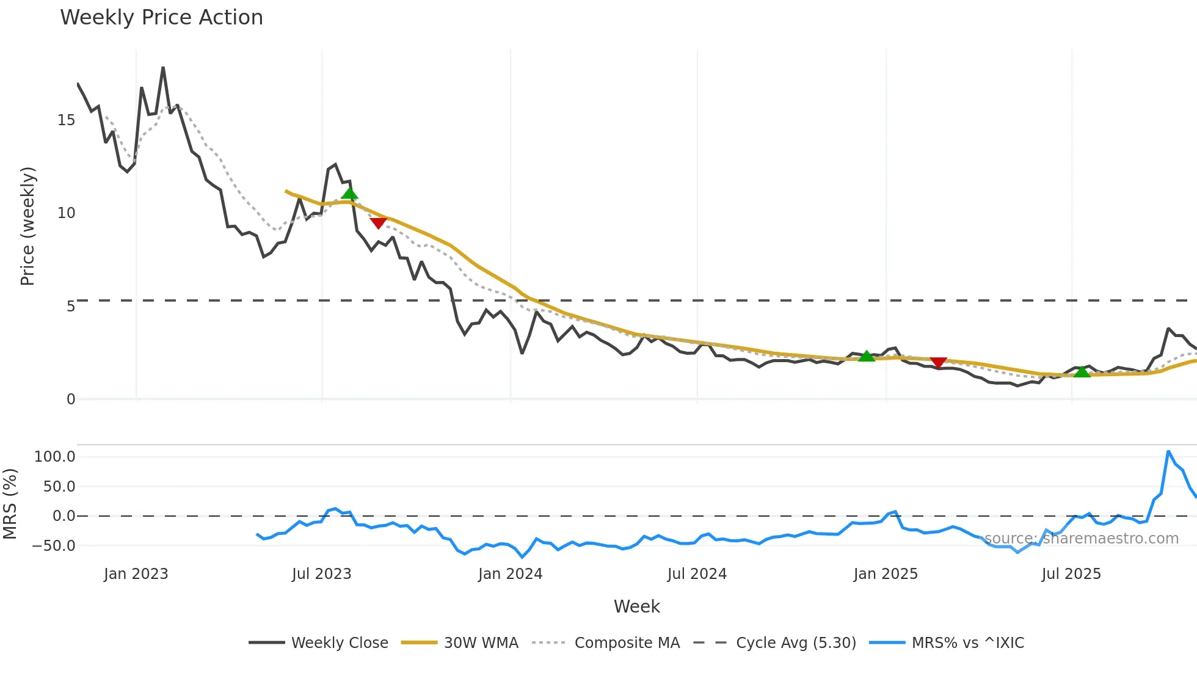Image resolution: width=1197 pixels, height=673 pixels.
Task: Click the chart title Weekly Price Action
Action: pos(161,18)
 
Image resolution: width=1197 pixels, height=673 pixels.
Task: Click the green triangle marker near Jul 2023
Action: pos(349,194)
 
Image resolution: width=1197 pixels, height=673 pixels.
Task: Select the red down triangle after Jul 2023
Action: pos(378,223)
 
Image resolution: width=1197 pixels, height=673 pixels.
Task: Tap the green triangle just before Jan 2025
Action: pos(866,356)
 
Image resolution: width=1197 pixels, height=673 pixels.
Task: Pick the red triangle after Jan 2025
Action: pos(938,363)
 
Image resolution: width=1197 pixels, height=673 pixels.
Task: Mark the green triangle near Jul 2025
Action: pos(1082,371)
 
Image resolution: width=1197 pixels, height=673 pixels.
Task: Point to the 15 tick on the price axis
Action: pos(66,120)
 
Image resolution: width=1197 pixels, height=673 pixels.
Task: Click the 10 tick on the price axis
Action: pos(66,213)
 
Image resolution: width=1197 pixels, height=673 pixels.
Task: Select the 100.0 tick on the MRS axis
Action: pos(55,457)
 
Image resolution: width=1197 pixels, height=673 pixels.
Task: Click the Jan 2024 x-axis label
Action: pos(510,574)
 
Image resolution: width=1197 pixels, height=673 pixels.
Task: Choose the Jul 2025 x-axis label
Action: pos(1071,574)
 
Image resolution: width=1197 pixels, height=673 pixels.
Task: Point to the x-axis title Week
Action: pos(636,606)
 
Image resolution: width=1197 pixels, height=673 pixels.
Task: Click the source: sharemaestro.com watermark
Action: pos(1081,539)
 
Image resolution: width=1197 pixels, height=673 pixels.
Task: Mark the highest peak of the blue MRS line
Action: pos(1168,451)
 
